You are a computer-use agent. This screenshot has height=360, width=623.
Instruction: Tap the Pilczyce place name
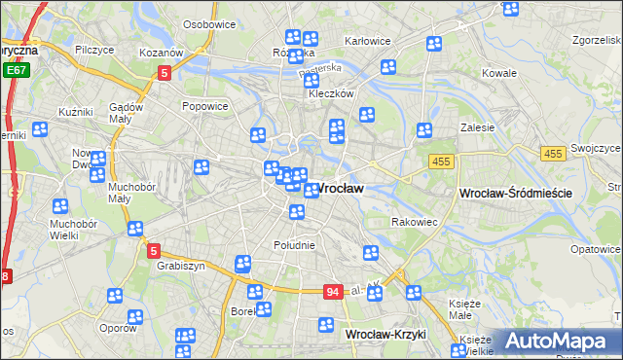click(x=94, y=49)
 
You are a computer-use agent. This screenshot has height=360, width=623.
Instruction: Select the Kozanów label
click(x=161, y=52)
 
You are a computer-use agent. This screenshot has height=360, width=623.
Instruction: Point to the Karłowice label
click(x=368, y=41)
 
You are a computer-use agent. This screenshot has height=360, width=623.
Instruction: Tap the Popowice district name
click(x=204, y=106)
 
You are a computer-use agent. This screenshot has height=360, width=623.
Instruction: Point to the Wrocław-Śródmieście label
click(x=514, y=194)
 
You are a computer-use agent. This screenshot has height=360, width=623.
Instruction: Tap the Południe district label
click(x=294, y=245)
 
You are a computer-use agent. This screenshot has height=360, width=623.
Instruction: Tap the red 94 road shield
click(x=333, y=292)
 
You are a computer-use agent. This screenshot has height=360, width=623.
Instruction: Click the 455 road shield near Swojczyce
click(x=553, y=154)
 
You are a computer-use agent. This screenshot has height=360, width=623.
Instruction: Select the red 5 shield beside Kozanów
click(x=165, y=72)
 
